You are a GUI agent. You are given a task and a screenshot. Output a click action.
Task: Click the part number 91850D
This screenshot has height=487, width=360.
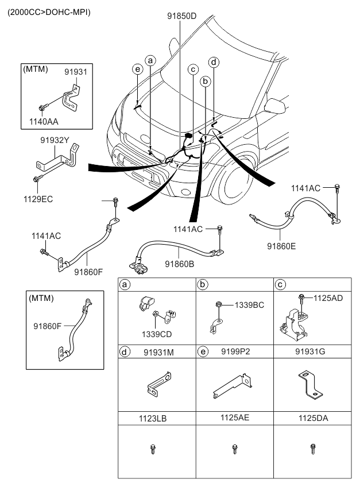pyautogui.click(x=181, y=16)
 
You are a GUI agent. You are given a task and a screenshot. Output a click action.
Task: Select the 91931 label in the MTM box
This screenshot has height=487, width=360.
pyautogui.click(x=75, y=72)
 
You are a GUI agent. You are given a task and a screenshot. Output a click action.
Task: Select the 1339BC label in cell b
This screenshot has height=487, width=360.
pyautogui.click(x=249, y=305)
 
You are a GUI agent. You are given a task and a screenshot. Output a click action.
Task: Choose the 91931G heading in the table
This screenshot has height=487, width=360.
pyautogui.click(x=313, y=351)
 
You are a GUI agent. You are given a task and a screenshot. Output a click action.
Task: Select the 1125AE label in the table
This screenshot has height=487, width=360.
pyautogui.click(x=235, y=419)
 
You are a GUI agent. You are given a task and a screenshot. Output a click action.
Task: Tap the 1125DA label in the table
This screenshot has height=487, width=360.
pyautogui.click(x=313, y=419)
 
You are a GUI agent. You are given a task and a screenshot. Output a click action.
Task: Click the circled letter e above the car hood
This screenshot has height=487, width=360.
pyautogui.click(x=137, y=69)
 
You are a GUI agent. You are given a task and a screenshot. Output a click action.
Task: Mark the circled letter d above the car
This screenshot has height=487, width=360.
pyautogui.click(x=214, y=61)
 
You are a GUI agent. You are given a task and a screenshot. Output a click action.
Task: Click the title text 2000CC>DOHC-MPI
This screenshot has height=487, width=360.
pyautogui.click(x=49, y=12)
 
